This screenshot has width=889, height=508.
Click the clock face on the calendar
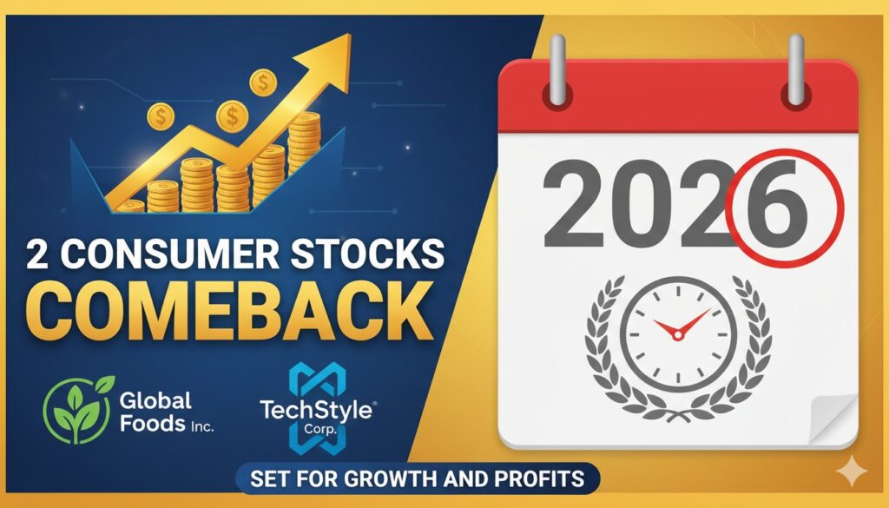[680, 333]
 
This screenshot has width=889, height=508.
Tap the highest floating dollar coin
[261, 82]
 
